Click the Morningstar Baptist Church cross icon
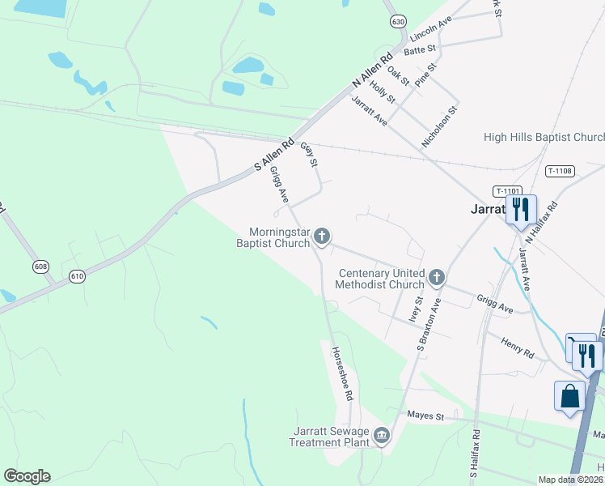(322, 237)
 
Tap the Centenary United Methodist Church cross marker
(437, 278)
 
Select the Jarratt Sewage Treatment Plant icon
(382, 437)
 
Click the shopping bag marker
(569, 397)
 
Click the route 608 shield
(41, 266)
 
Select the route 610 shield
(77, 276)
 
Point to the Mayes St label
(425, 416)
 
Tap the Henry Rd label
(517, 349)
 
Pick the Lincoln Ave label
(430, 32)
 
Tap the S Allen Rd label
(275, 151)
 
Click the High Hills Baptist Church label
(544, 138)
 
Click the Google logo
(27, 476)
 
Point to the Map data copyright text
(569, 480)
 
